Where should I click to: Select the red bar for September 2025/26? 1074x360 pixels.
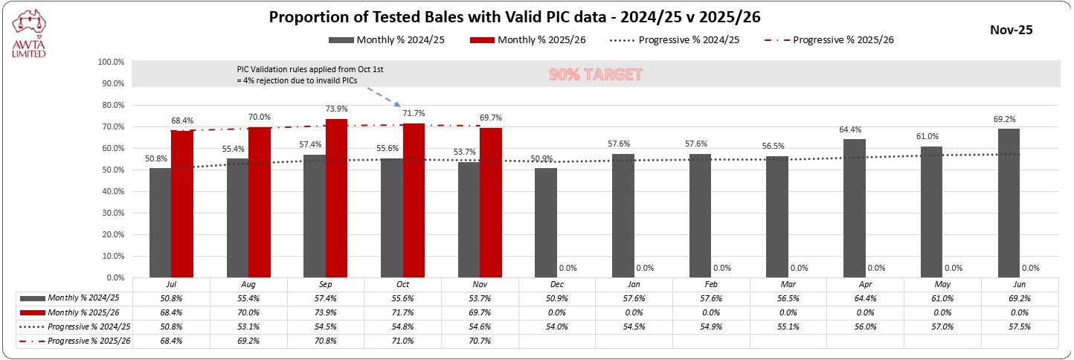tap(336, 198)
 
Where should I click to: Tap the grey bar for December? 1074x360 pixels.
tap(546, 222)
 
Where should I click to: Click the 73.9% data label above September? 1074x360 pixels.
tap(337, 109)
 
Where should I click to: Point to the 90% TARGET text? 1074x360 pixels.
tap(595, 75)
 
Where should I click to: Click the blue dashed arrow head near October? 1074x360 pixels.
tap(399, 106)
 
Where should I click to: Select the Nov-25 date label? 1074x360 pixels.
tap(1011, 30)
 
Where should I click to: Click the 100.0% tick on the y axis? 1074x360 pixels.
tap(111, 62)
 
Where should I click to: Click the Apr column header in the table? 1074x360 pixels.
tap(866, 283)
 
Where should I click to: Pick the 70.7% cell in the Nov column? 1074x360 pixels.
tap(480, 341)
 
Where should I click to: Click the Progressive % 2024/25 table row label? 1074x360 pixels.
tap(89, 326)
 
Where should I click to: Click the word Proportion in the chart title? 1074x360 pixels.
tap(306, 17)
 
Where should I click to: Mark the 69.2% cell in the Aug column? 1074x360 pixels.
tap(248, 341)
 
